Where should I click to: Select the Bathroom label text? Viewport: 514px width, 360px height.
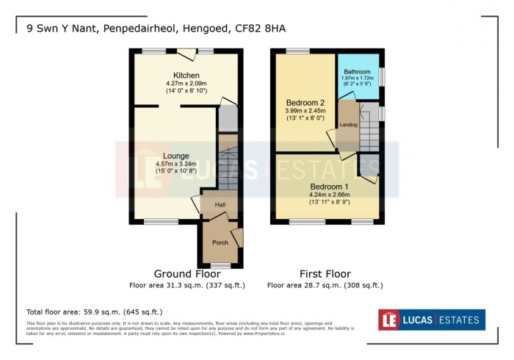pyautogui.click(x=357, y=71)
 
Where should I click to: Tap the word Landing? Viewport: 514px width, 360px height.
pyautogui.click(x=348, y=125)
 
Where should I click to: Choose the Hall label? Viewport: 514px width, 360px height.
pyautogui.click(x=220, y=205)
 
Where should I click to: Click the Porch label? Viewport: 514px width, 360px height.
pyautogui.click(x=220, y=242)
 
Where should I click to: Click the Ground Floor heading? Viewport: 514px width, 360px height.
pyautogui.click(x=187, y=274)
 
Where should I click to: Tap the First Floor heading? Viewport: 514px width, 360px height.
pyautogui.click(x=325, y=274)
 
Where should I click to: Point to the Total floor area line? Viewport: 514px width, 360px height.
pyautogui.click(x=93, y=311)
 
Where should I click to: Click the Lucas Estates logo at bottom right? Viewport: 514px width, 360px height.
pyautogui.click(x=431, y=320)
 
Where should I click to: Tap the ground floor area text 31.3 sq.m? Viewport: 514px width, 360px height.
pyautogui.click(x=187, y=285)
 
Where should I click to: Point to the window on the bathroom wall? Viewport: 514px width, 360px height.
pyautogui.click(x=381, y=77)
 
